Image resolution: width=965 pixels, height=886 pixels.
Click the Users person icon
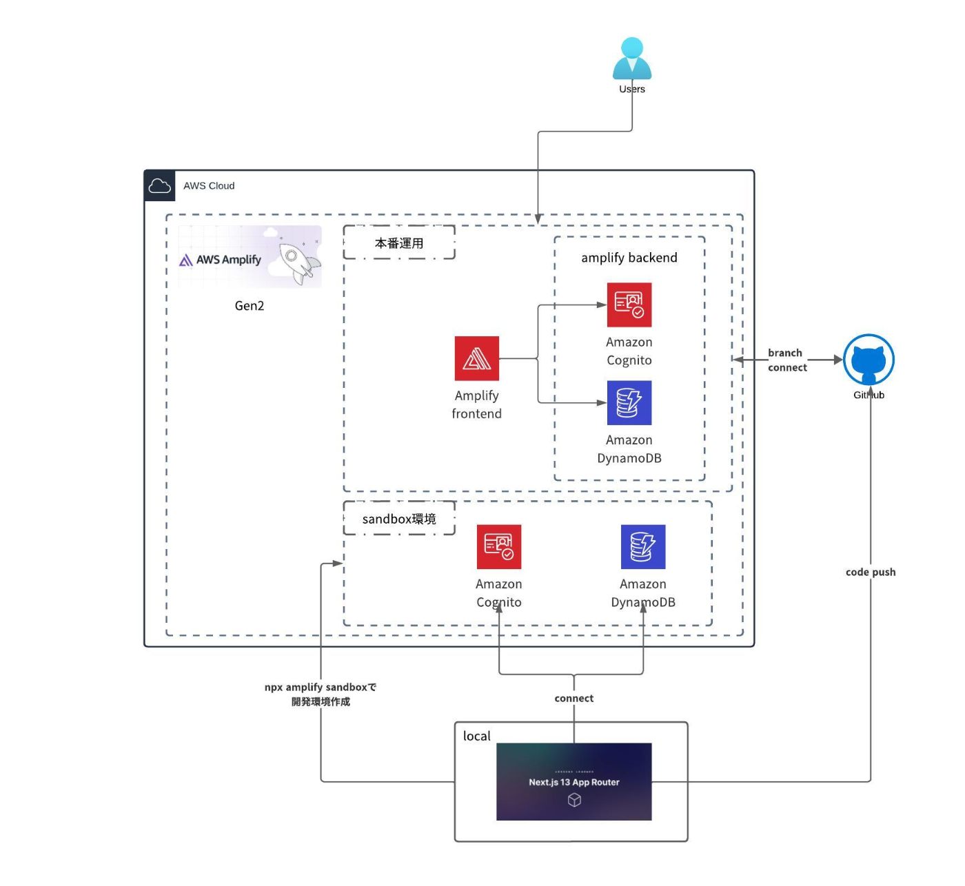[x=631, y=58]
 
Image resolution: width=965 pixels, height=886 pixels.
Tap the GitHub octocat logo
[x=868, y=360]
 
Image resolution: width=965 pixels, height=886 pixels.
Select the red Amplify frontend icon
[x=476, y=358]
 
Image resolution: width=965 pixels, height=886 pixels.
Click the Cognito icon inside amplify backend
[x=629, y=305]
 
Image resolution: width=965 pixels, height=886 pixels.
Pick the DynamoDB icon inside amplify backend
[x=629, y=402]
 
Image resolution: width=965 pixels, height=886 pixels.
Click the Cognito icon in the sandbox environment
[x=499, y=546]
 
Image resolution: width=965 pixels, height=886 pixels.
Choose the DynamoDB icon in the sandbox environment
[x=642, y=546]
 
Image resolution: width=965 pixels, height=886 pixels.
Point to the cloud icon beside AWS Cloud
[x=159, y=185]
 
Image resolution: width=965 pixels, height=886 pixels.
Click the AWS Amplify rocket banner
[x=250, y=256]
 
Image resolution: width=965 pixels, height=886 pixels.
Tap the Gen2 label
[x=250, y=305]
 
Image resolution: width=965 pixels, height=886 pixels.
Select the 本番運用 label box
[x=399, y=243]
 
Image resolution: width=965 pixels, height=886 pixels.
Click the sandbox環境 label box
[x=399, y=518]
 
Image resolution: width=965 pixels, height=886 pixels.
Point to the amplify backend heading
[x=629, y=258]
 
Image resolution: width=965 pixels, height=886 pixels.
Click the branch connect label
[x=786, y=360]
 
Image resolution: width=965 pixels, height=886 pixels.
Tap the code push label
[x=871, y=572]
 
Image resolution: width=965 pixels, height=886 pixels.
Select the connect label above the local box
[x=573, y=698]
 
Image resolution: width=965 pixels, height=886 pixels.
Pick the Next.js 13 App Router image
[x=573, y=782]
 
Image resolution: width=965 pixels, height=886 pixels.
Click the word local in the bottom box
[x=476, y=736]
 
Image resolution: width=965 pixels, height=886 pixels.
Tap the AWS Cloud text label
[x=209, y=185]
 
